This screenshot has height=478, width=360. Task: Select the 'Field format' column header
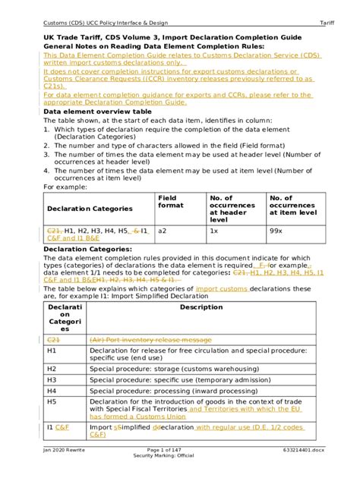point(170,203)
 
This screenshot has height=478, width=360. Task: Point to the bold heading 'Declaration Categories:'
point(83,248)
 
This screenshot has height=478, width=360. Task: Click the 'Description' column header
point(201,307)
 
